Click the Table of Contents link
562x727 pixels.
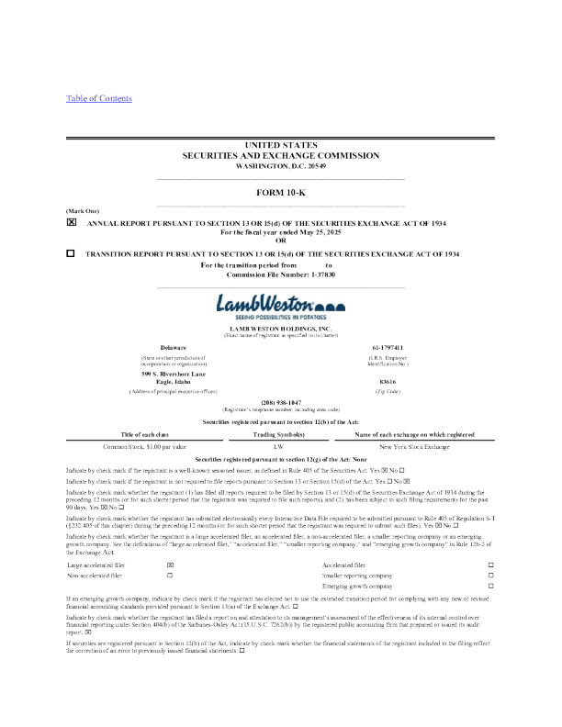(99, 98)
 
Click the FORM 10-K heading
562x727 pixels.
(281, 192)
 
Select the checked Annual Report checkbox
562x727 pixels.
(71, 222)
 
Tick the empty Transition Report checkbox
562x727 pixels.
(71, 253)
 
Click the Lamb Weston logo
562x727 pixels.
(281, 304)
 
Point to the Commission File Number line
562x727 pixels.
(281, 274)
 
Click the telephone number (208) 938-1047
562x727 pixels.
(281, 401)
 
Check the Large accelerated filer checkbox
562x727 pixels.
(170, 565)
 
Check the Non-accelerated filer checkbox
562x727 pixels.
(170, 575)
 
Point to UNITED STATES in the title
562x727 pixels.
(281, 145)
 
